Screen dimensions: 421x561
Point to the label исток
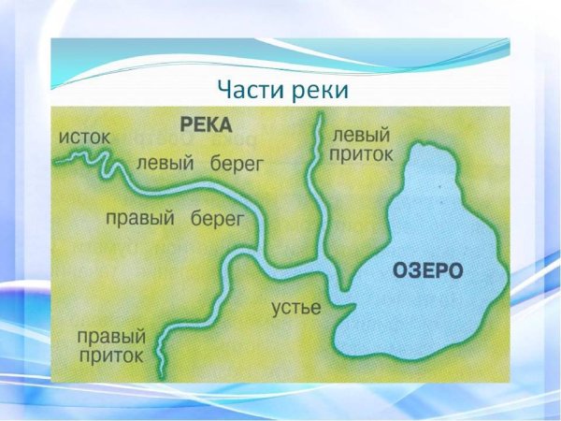coord(84,138)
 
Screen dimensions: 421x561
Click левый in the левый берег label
coord(165,163)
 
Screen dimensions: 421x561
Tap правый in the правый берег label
coord(140,219)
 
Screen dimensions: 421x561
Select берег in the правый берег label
coord(217,219)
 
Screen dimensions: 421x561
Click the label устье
coord(296,308)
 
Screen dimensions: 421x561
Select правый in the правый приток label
coord(111,336)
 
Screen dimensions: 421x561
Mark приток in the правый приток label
coord(111,356)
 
